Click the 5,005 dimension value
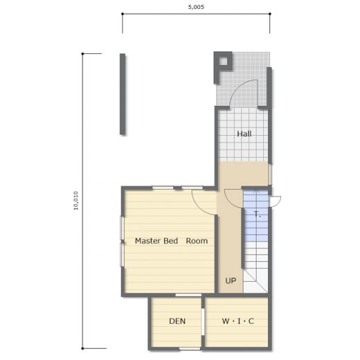pyautogui.click(x=196, y=7)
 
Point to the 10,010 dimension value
pyautogui.click(x=76, y=201)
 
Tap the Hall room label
pyautogui.click(x=244, y=134)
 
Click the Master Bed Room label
pyautogui.click(x=171, y=241)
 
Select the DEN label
pyautogui.click(x=177, y=321)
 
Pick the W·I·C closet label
pyautogui.click(x=237, y=321)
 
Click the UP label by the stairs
pyautogui.click(x=231, y=281)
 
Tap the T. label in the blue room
pyautogui.click(x=258, y=215)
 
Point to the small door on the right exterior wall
pyautogui.click(x=276, y=201)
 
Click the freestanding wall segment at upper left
pyautogui.click(x=123, y=94)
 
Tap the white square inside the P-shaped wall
pyautogui.click(x=223, y=61)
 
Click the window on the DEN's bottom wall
pyautogui.click(x=190, y=349)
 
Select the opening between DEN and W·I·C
pyautogui.click(x=203, y=322)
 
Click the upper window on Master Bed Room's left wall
pyautogui.click(x=123, y=228)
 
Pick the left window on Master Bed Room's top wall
pyautogui.click(x=163, y=188)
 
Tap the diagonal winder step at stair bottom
pyautogui.click(x=255, y=280)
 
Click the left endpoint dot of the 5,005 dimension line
pyautogui.click(x=123, y=14)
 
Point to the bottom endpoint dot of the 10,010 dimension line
pyautogui.click(x=82, y=348)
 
